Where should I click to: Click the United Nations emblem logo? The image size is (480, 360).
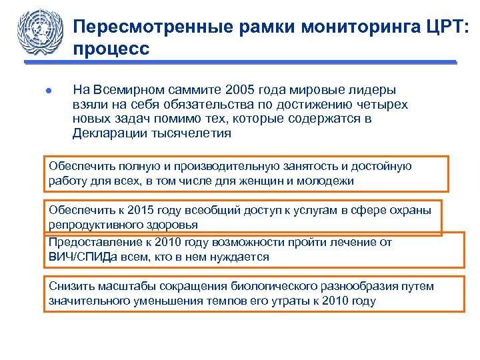(41, 31)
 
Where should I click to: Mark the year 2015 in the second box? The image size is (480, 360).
(134, 210)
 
